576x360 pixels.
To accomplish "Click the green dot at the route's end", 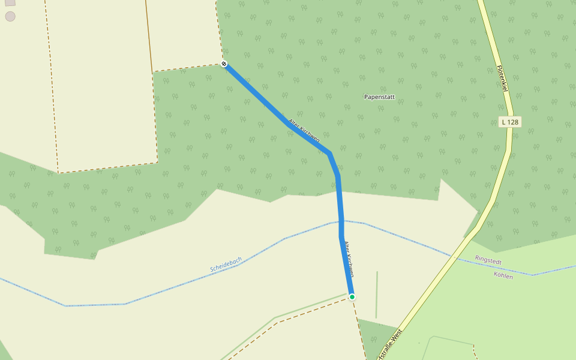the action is pos(352,296).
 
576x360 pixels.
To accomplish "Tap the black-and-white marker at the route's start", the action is pos(224,64).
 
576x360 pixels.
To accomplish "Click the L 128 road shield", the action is pos(509,122).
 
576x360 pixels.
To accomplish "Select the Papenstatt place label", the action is pos(379,97).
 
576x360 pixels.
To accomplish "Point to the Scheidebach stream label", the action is pos(226,265).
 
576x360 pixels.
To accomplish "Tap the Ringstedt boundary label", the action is pos(488,260).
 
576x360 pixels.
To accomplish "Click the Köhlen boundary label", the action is pos(503,276).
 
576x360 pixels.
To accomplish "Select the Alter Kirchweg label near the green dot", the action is pos(348,257).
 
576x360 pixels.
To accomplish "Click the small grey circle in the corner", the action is pos(10,16).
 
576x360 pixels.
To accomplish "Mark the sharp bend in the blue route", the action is pos(329,153).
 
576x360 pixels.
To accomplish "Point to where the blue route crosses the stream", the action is pos(341,222).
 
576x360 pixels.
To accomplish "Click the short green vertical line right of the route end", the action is pos(377,294).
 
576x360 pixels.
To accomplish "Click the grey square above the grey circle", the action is pos(10,2).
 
